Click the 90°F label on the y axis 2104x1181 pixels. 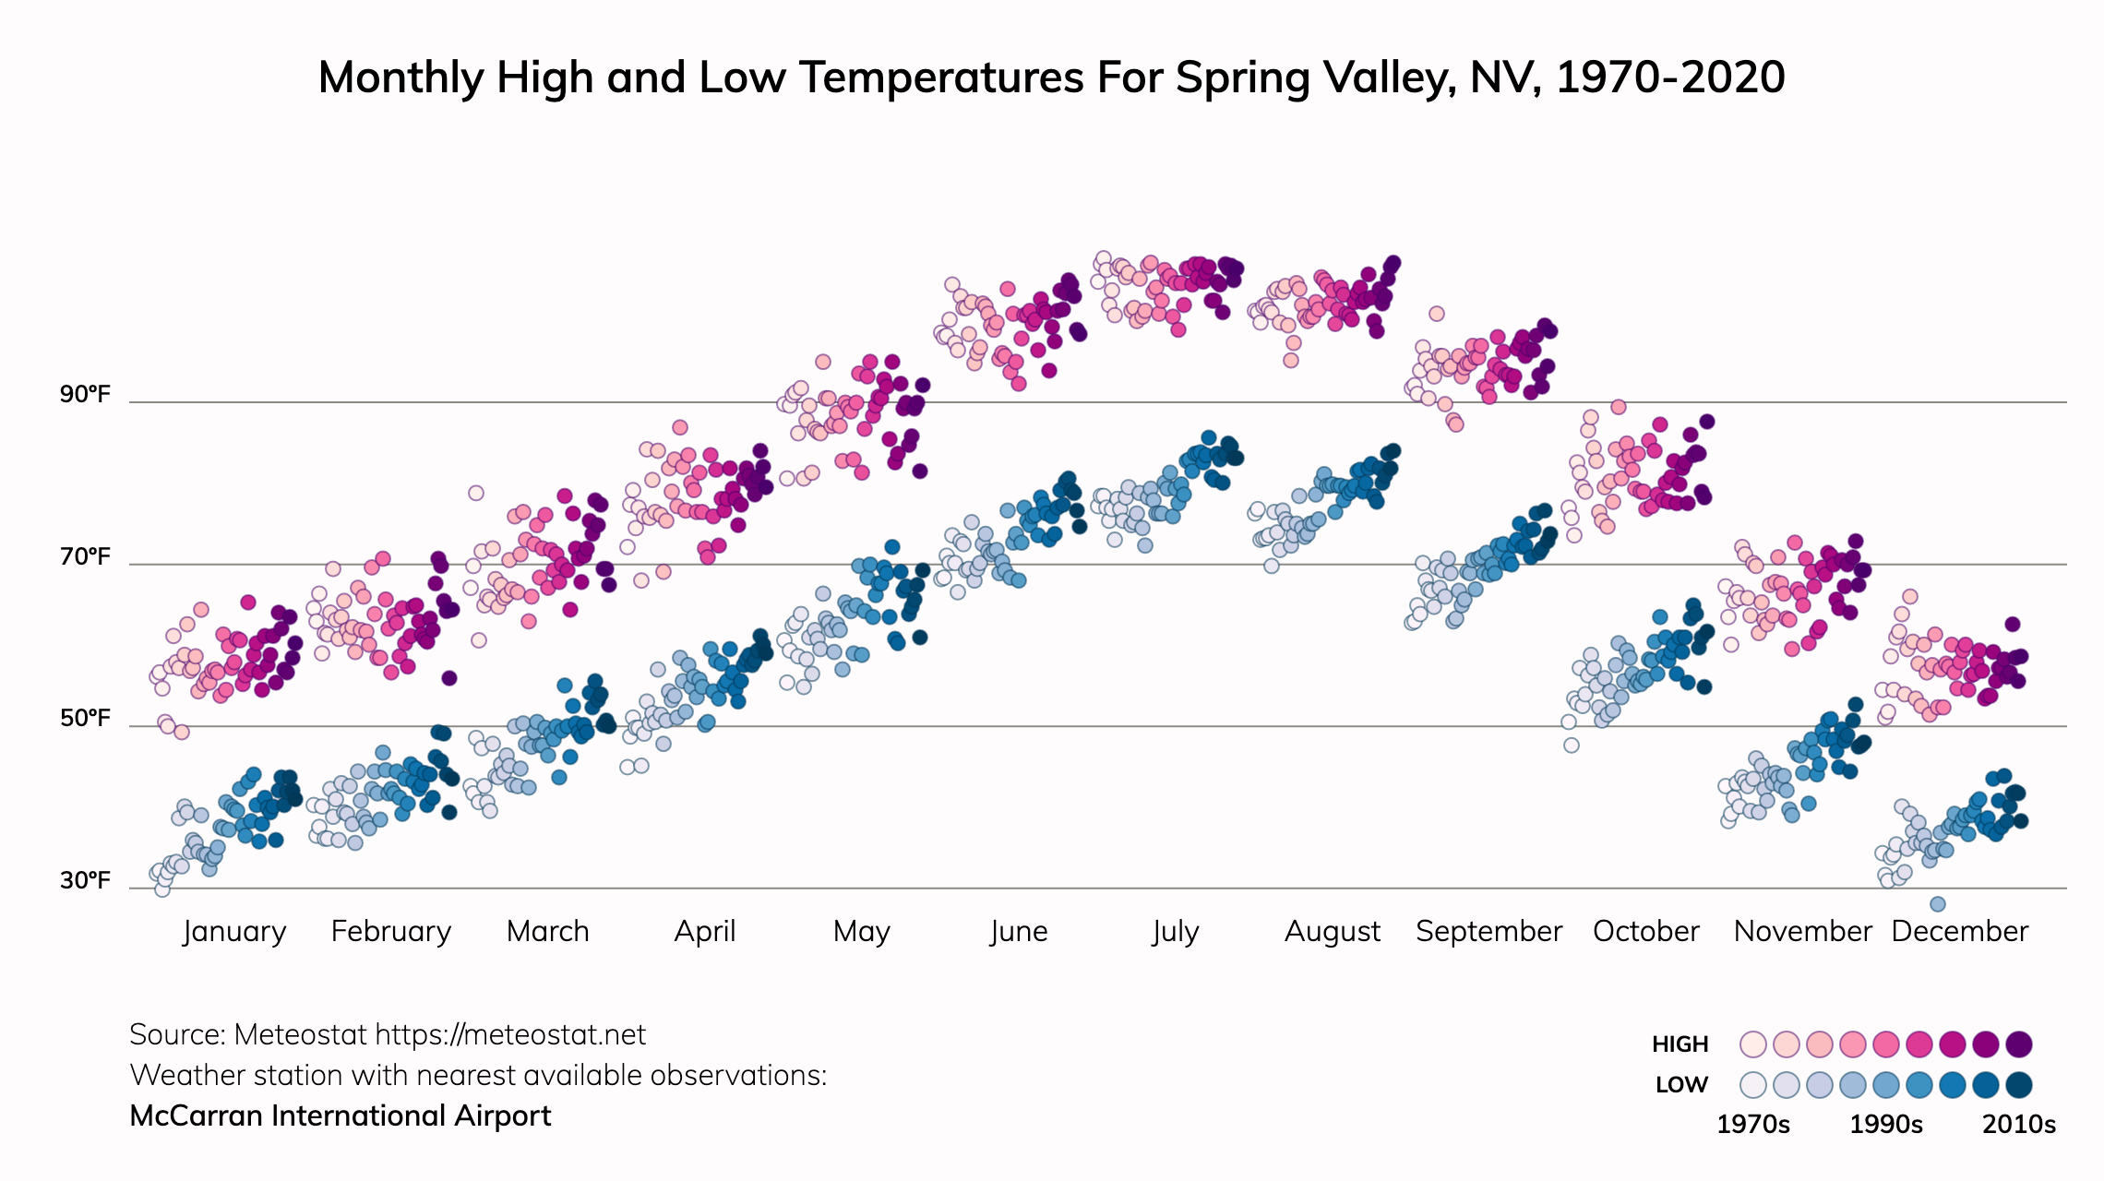85,395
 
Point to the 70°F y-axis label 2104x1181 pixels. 85,557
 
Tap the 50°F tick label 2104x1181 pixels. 85,719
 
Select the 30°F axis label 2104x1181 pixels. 85,881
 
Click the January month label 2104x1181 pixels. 234,932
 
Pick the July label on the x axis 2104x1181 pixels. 1175,932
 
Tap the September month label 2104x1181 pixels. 1488,932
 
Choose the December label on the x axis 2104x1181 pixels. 1959,932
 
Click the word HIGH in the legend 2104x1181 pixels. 1680,1044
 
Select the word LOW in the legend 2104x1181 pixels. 1681,1085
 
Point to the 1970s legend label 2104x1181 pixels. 1752,1125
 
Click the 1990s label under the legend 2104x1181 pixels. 1886,1125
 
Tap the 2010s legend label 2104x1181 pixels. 2019,1125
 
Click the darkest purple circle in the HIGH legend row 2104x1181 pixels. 2019,1044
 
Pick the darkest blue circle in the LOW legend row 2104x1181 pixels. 2019,1085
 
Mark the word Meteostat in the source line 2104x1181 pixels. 300,1035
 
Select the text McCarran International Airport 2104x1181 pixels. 340,1116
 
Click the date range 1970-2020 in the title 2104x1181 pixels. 1670,78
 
